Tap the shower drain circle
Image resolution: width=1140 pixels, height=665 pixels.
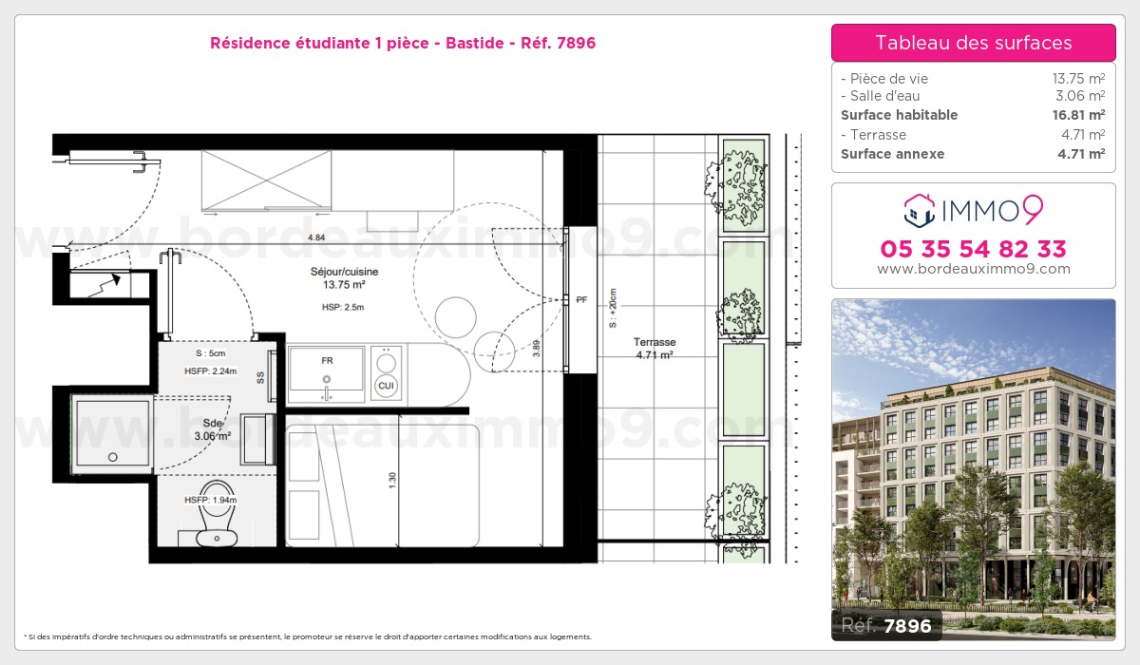[x=113, y=457]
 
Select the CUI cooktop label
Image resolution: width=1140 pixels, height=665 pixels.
[x=387, y=385]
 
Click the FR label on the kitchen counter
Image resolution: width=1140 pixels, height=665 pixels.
[x=327, y=360]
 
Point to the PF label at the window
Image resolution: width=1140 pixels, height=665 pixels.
[x=581, y=299]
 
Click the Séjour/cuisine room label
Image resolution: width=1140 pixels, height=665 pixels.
[x=345, y=272]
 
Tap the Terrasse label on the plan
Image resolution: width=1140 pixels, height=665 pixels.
[x=655, y=342]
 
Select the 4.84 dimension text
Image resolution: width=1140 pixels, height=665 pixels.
[x=316, y=237]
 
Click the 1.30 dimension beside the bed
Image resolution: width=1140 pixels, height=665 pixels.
[x=392, y=481]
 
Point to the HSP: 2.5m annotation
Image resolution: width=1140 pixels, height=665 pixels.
[x=343, y=307]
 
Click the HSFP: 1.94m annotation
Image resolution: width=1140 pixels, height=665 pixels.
[x=211, y=500]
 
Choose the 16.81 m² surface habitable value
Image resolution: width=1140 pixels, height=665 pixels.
[x=1078, y=115]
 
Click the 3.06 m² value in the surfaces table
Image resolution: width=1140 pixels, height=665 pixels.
[x=1080, y=96]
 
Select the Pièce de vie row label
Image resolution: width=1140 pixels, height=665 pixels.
[x=884, y=78]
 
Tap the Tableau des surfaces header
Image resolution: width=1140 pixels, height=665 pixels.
[x=974, y=43]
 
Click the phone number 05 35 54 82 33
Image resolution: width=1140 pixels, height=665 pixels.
[x=973, y=249]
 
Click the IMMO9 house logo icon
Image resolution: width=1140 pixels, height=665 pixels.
[x=920, y=210]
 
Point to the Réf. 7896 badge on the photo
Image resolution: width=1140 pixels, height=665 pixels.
[x=886, y=625]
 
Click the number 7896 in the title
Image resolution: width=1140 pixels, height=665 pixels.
[x=576, y=43]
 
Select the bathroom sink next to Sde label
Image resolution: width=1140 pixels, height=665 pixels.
[x=258, y=439]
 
